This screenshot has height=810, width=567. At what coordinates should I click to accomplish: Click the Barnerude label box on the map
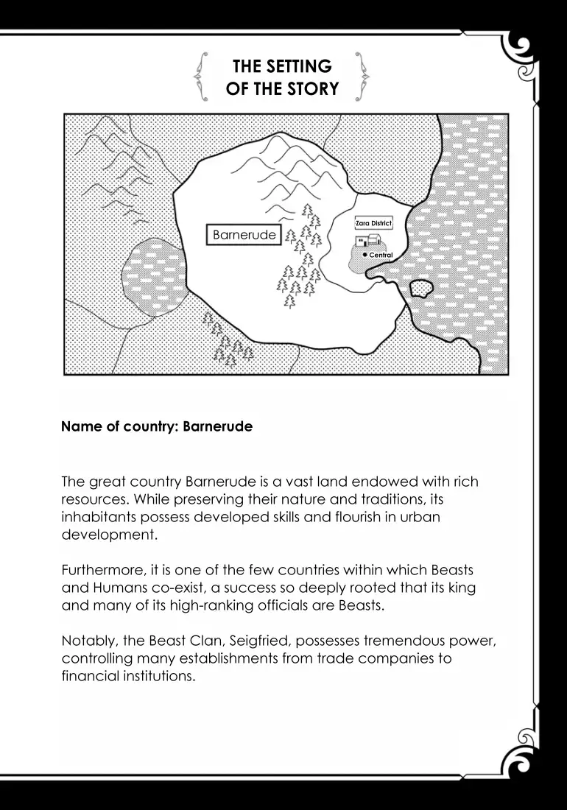click(244, 235)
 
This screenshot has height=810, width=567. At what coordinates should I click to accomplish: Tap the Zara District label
click(373, 222)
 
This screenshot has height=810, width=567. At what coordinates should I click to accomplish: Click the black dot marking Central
click(365, 254)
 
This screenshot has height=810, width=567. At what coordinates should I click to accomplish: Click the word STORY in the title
click(311, 89)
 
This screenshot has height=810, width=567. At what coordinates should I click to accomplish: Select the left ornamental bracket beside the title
click(199, 76)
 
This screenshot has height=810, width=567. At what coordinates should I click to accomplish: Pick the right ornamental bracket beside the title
click(362, 76)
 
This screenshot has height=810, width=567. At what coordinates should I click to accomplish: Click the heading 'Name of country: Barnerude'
click(157, 426)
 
